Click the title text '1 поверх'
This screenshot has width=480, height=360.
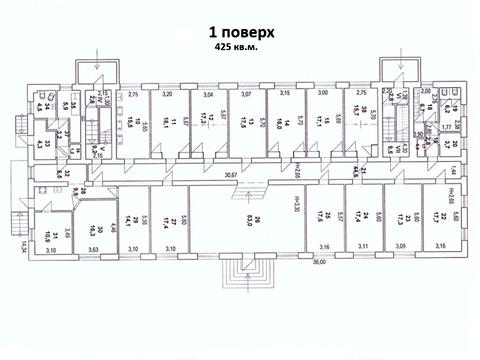[x=240, y=30]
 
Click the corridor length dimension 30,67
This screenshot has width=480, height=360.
[x=205, y=172]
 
